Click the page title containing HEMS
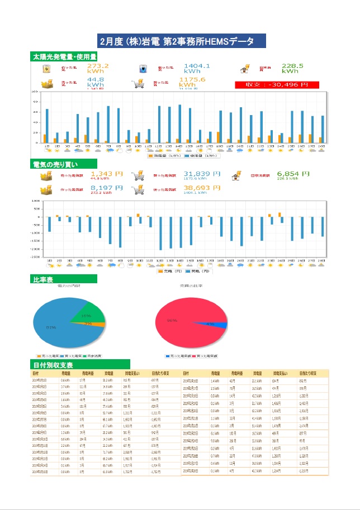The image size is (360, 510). (x=180, y=41)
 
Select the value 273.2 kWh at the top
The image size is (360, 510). (x=98, y=69)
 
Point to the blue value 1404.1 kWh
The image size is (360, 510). (x=197, y=69)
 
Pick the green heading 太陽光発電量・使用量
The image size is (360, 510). (x=65, y=56)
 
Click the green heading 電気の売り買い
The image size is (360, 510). (x=59, y=165)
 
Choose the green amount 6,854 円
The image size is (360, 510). (x=293, y=174)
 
